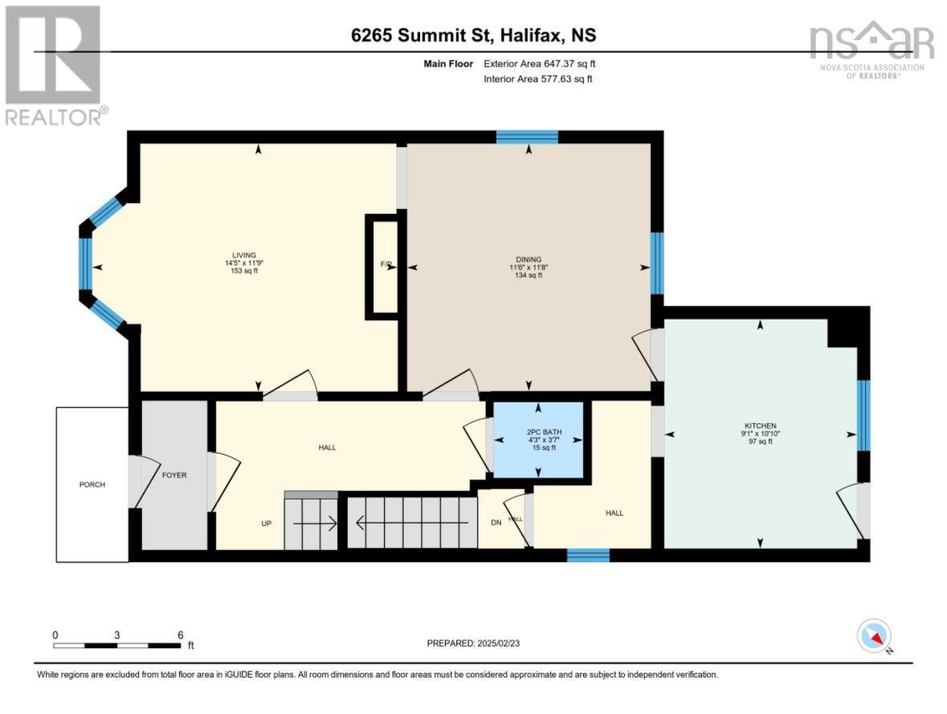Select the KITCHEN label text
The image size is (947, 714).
click(760, 426)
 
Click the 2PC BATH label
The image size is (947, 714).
click(538, 432)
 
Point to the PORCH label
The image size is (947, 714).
click(92, 484)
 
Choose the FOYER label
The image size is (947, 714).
click(174, 475)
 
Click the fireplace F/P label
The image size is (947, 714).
click(386, 265)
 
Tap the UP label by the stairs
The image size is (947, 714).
click(267, 523)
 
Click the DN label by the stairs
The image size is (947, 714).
click(496, 522)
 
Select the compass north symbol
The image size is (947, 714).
click(874, 637)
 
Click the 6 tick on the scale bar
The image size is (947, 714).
click(180, 634)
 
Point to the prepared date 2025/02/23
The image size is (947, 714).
click(480, 643)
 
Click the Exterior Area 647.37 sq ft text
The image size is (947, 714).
click(539, 63)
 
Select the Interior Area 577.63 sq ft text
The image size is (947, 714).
click(537, 79)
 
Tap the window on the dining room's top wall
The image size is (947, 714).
click(527, 137)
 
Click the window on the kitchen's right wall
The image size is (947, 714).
click(863, 415)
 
